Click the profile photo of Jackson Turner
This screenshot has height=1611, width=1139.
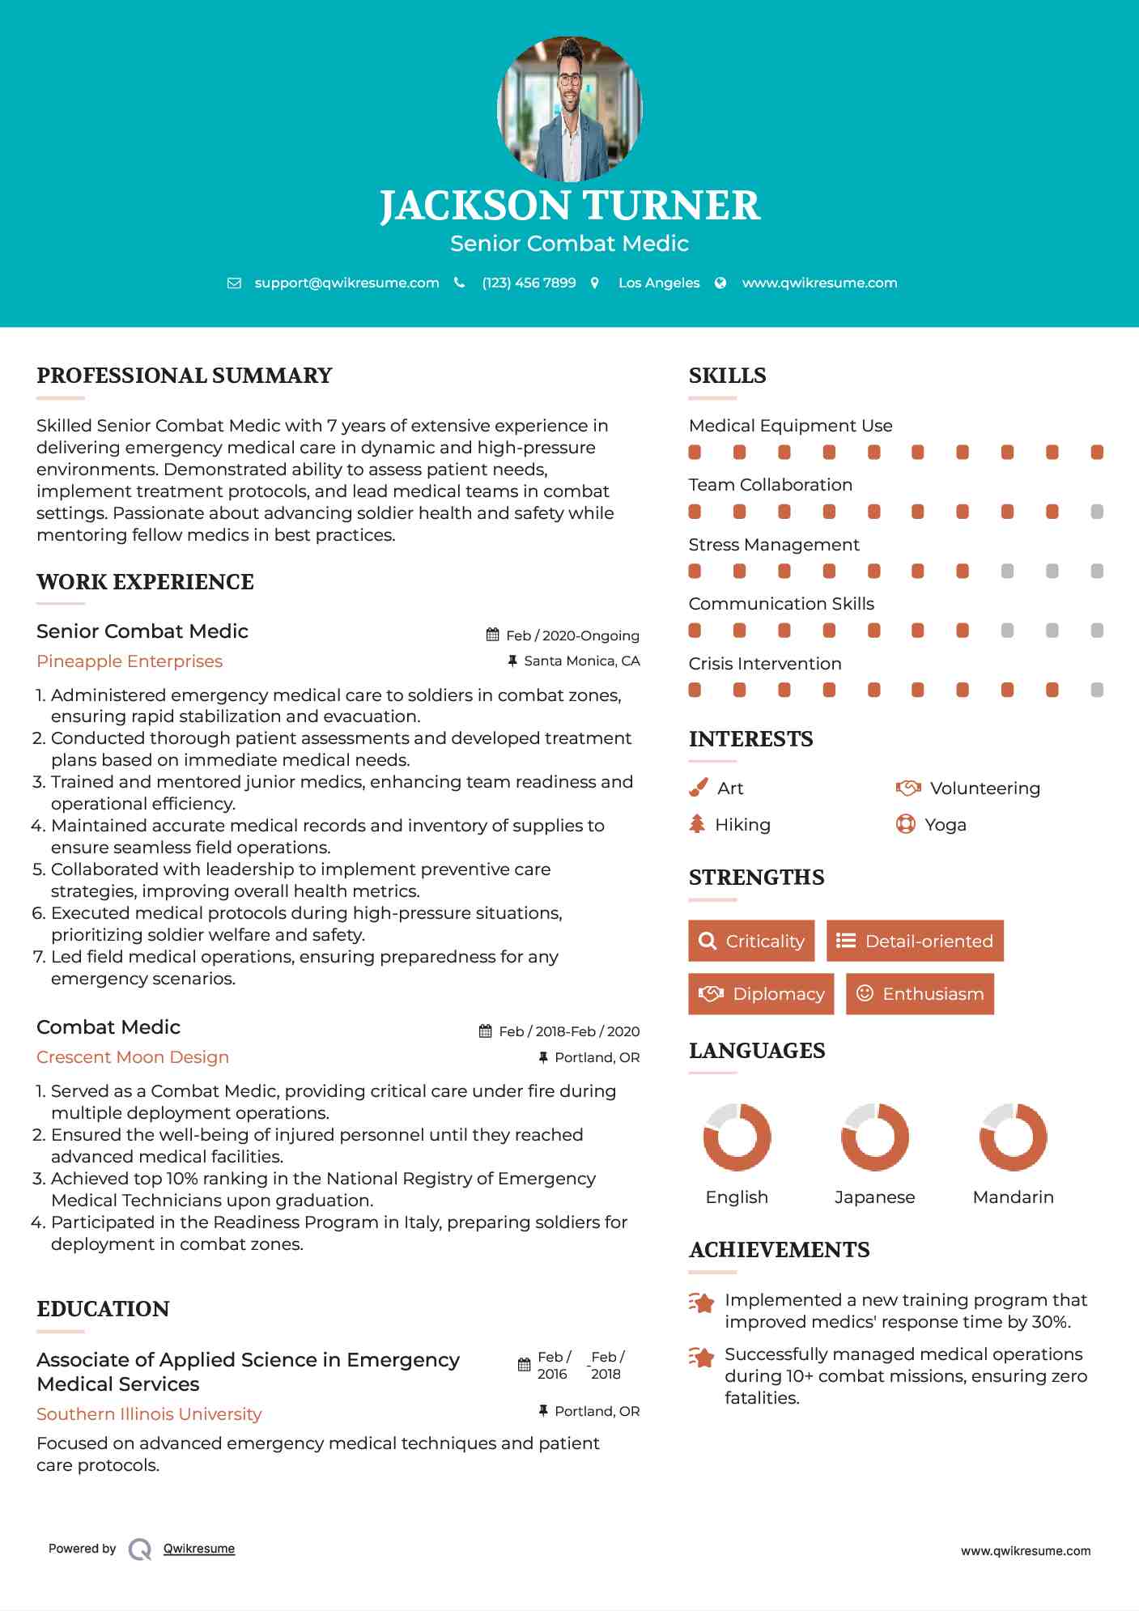569,108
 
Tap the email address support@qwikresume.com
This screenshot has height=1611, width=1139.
346,283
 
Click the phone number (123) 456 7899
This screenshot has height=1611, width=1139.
529,283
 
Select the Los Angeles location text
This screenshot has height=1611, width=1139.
659,283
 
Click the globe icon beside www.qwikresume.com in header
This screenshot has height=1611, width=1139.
720,283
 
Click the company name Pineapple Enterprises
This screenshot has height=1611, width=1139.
130,661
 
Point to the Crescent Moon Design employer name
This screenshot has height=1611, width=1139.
133,1057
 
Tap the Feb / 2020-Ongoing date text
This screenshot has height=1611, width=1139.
572,635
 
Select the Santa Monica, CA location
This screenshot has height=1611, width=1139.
581,661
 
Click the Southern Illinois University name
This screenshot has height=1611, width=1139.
149,1414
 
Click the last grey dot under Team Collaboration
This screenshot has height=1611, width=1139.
1097,512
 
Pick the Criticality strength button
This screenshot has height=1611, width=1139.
751,941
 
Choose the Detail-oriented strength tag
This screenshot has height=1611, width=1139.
915,941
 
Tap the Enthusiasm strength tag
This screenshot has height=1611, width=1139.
920,993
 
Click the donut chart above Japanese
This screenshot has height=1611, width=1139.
875,1137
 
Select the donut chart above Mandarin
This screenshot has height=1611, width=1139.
1014,1137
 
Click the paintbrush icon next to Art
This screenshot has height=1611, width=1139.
698,788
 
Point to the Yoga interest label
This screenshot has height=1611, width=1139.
946,825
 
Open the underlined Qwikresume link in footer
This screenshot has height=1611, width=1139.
199,1549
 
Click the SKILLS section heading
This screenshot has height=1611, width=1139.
727,376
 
